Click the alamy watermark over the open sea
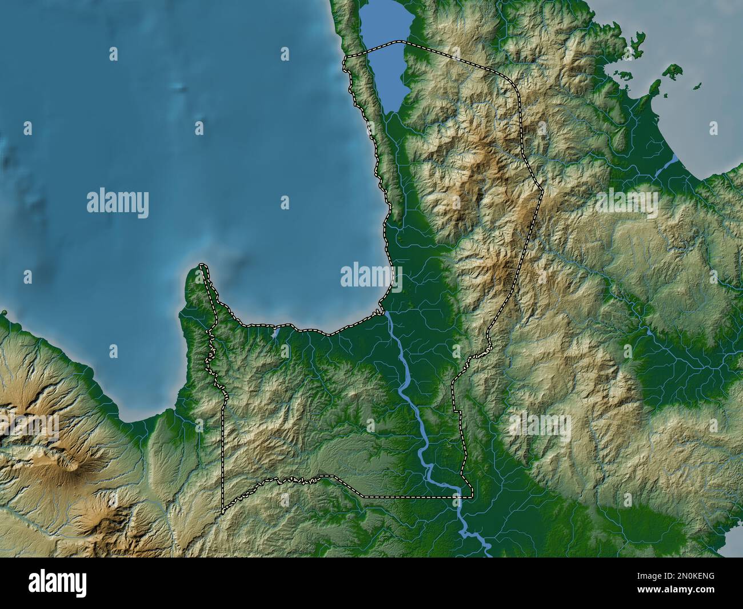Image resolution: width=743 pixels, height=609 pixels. pyautogui.click(x=118, y=204)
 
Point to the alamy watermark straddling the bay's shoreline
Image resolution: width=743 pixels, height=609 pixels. pyautogui.click(x=370, y=276)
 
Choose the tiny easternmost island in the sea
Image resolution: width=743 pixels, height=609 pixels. pyautogui.click(x=697, y=87)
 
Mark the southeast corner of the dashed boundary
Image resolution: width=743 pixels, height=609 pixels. pyautogui.click(x=472, y=497)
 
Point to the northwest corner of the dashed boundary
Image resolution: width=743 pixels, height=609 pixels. pyautogui.click(x=343, y=58)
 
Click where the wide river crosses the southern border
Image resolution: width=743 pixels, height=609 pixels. pyautogui.click(x=458, y=497)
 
